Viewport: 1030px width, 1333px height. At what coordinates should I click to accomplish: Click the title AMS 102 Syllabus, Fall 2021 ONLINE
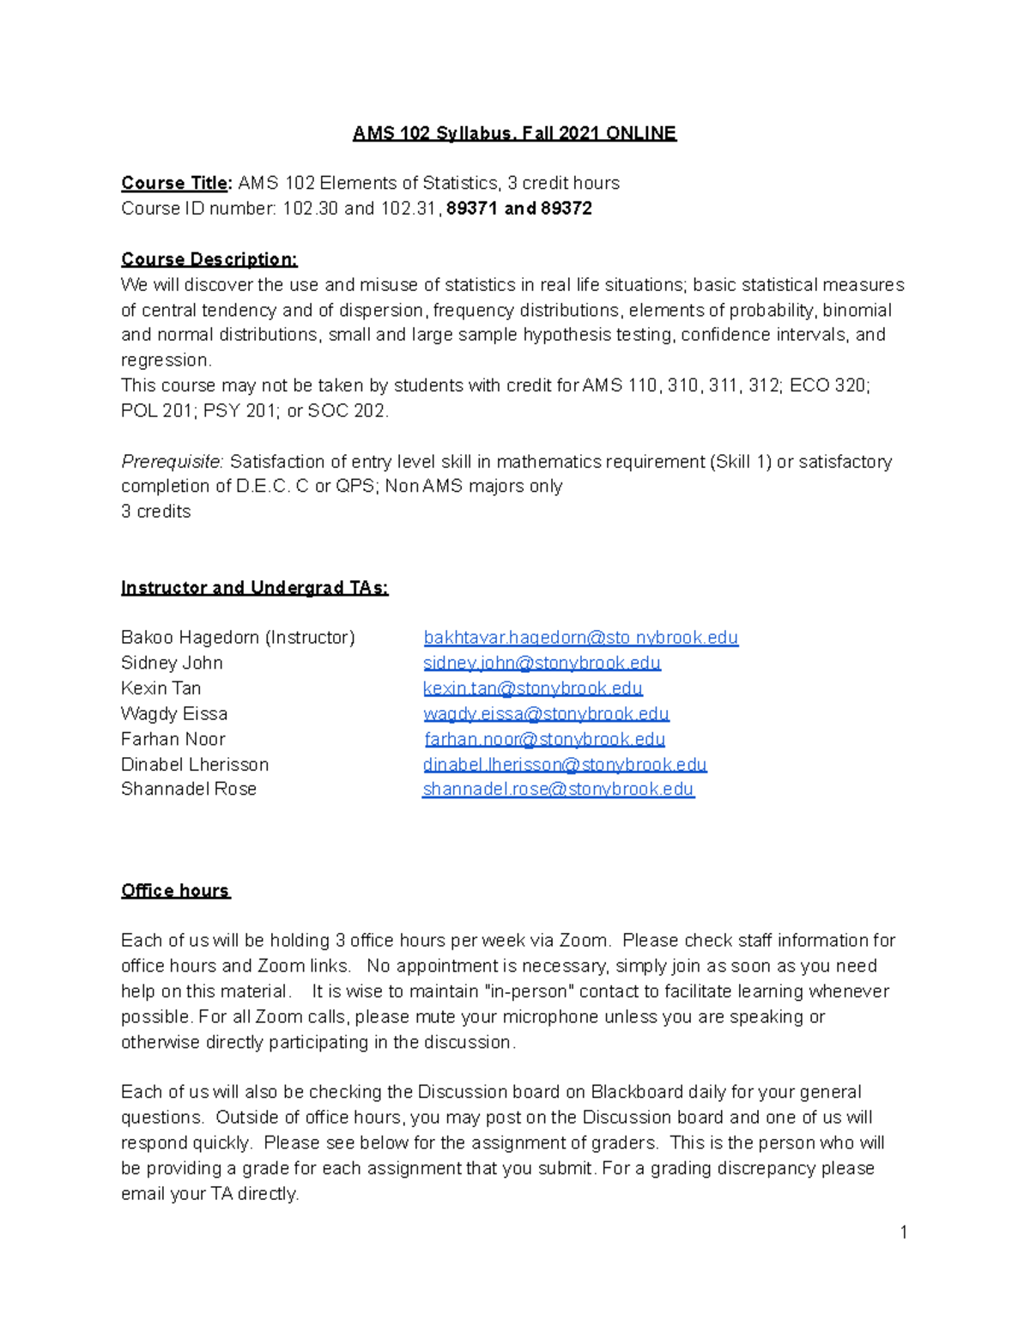pos(514,133)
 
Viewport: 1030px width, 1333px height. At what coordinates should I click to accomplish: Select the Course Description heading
pos(209,259)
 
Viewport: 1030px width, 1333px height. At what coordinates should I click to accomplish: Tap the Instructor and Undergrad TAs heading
pos(254,588)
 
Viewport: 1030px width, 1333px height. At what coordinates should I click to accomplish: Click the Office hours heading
pos(175,891)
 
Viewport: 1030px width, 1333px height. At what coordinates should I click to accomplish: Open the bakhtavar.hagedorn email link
pos(580,638)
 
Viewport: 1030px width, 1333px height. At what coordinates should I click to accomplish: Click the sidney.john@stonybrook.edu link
pos(542,663)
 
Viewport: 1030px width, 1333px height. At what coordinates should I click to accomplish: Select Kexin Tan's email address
pos(532,688)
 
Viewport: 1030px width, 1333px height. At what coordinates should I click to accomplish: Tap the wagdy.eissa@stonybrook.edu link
pos(546,714)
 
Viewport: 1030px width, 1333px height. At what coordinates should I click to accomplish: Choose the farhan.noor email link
pos(544,739)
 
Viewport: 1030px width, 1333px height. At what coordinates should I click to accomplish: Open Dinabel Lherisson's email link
pos(565,765)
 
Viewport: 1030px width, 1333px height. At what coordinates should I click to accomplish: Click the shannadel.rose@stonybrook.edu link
pos(558,790)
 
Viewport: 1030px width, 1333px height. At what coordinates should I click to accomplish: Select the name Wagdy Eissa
pos(174,714)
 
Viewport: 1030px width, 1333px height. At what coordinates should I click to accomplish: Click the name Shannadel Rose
pos(189,790)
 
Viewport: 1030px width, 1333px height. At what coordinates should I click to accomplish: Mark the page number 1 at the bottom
pos(904,1233)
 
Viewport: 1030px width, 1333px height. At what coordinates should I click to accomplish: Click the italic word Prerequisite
pos(172,462)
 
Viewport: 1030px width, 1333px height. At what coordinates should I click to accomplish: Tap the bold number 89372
pos(566,209)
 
